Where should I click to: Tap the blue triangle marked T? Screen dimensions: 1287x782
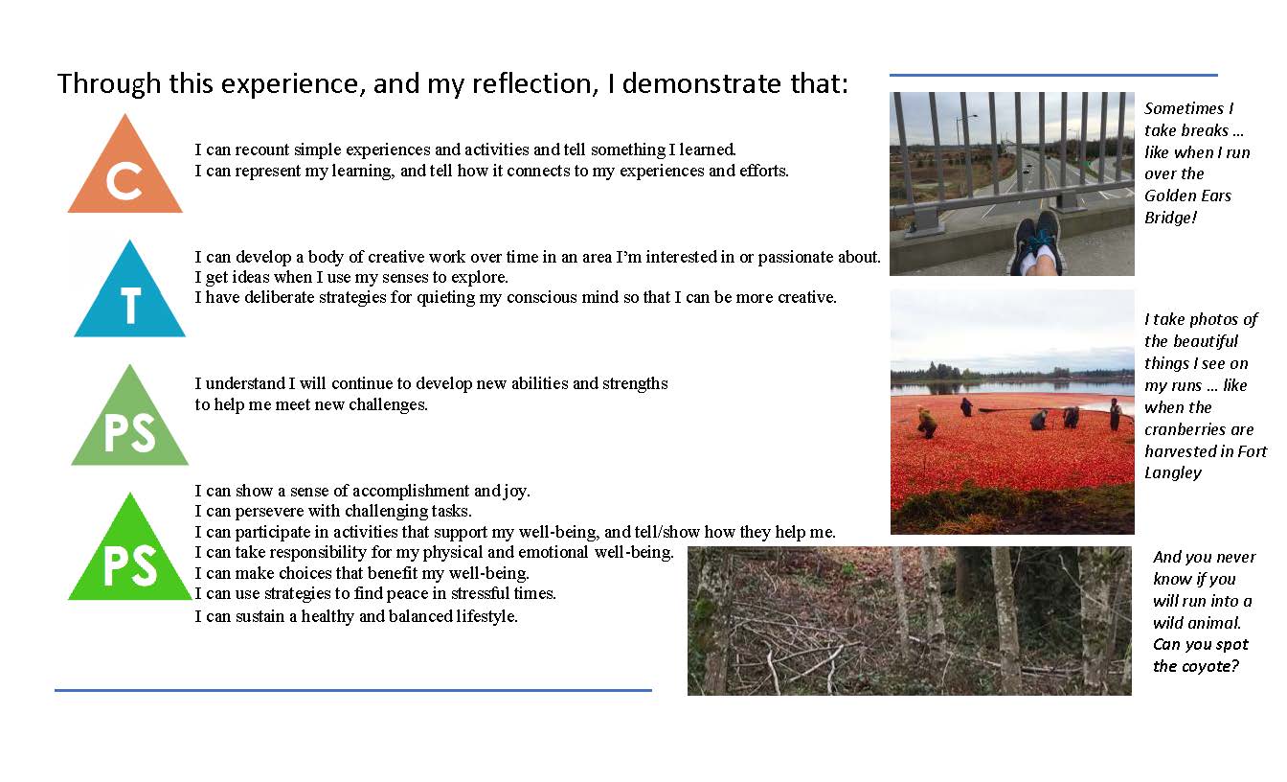coord(130,296)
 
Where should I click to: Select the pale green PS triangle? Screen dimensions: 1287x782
coord(130,423)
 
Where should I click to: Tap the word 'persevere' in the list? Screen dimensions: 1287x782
coord(270,511)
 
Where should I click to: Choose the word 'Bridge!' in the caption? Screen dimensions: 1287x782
coord(1171,218)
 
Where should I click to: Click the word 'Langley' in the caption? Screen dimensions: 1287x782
coord(1173,473)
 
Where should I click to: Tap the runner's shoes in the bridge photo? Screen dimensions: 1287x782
coord(1040,241)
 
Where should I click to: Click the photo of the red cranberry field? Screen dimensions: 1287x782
coord(1012,412)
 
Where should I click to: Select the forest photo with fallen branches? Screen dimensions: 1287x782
coord(910,621)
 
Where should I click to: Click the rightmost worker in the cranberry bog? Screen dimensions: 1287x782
coord(1115,414)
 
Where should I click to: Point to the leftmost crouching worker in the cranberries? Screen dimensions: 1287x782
coord(926,423)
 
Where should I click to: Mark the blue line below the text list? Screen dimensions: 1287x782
coord(353,690)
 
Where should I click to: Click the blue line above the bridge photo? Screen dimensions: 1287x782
coord(1053,75)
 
